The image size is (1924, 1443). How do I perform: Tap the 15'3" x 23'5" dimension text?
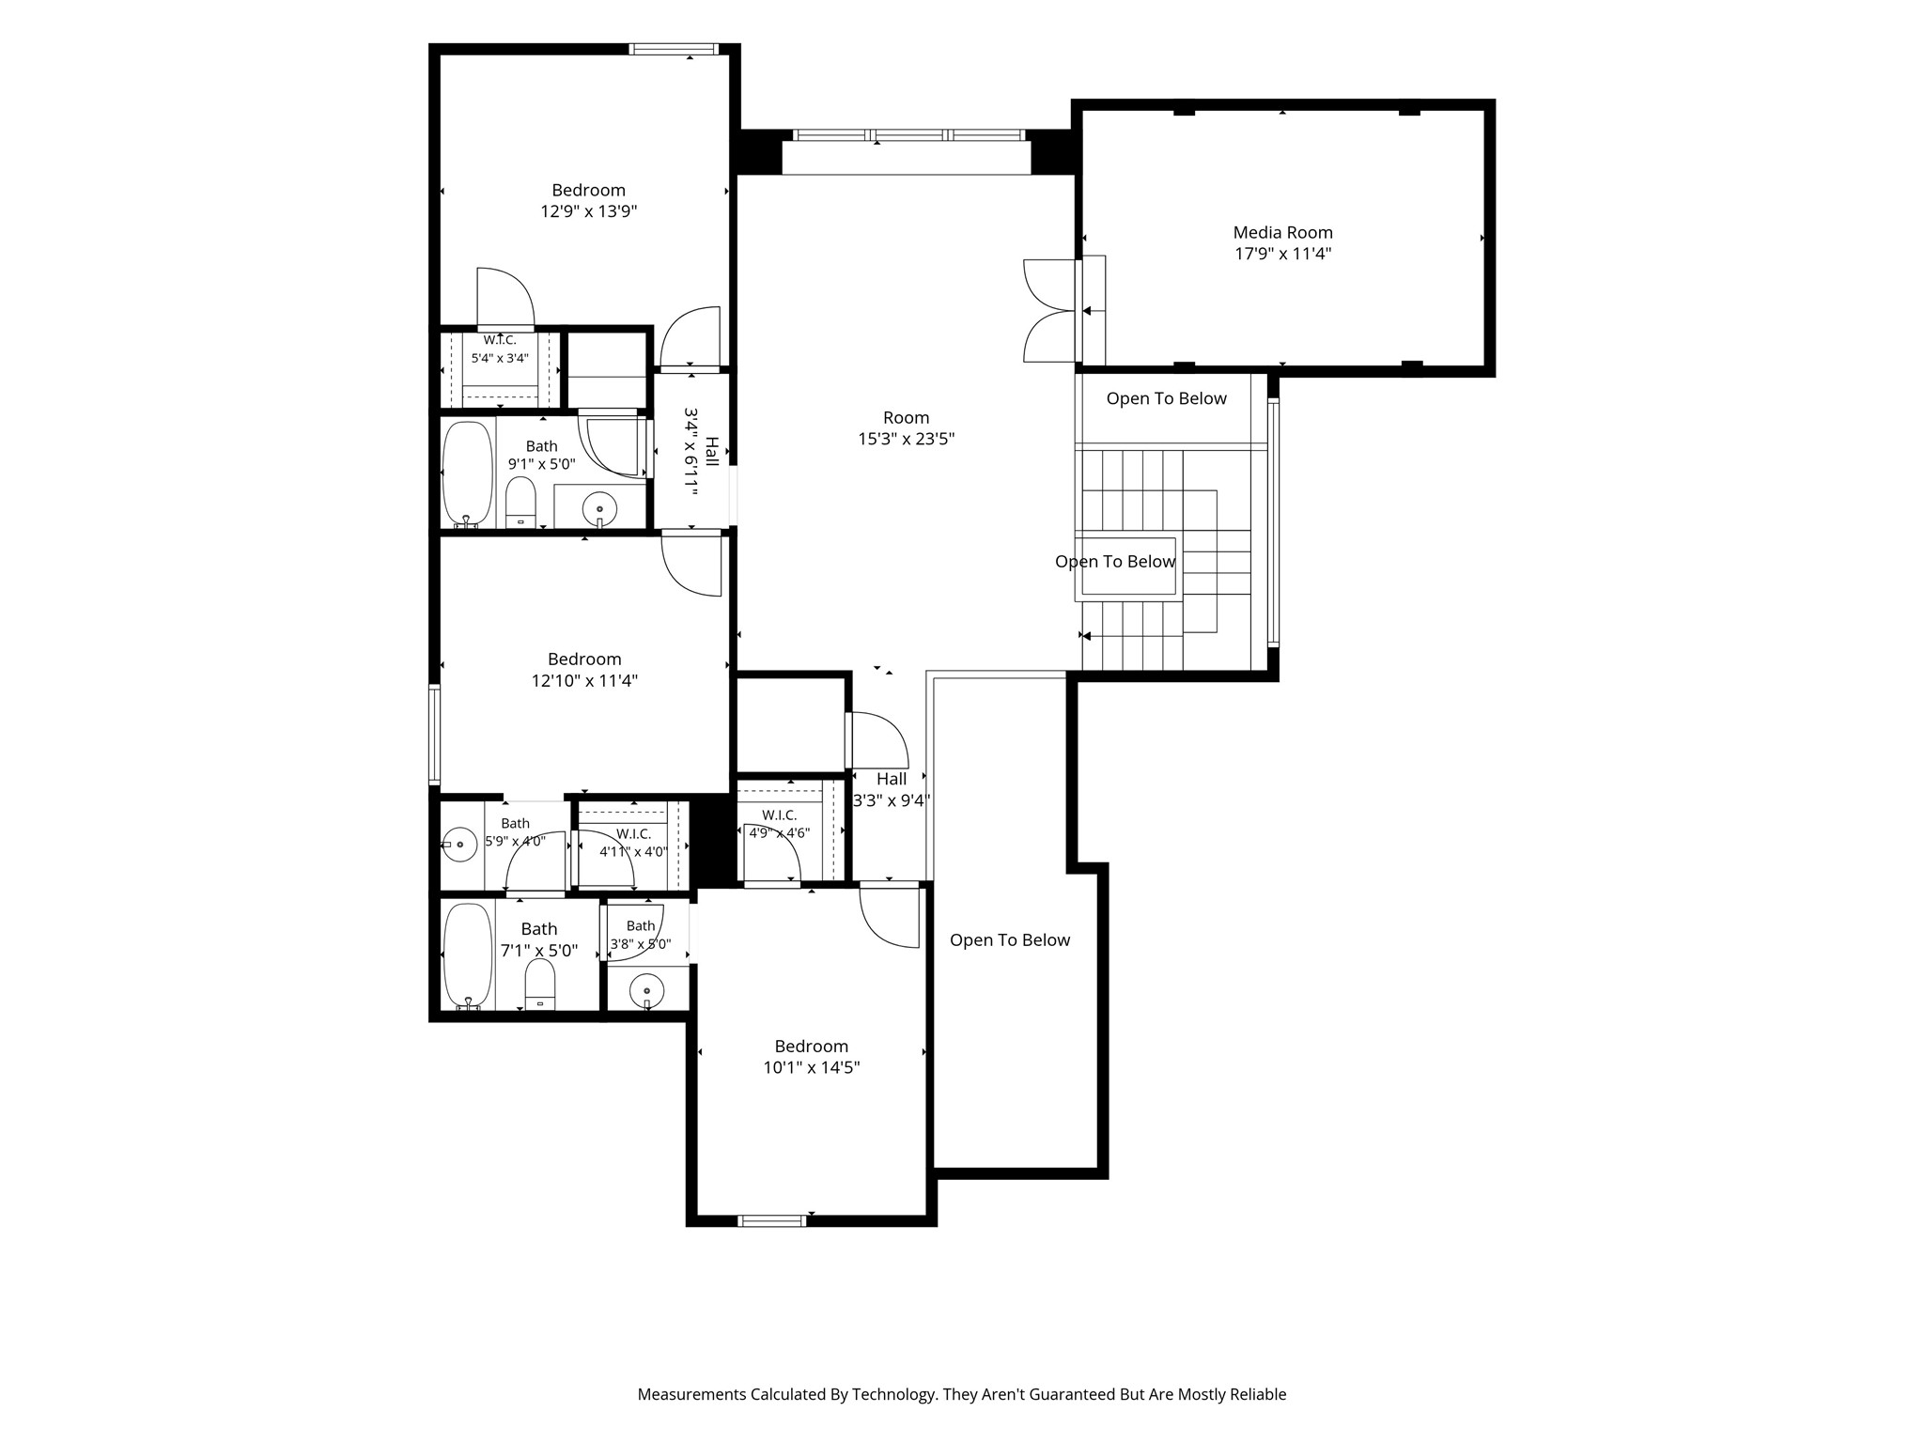906,439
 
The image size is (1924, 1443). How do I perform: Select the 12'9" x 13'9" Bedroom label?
588,201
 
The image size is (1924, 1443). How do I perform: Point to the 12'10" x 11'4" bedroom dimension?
584,680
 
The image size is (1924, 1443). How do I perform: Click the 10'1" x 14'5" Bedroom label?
812,1057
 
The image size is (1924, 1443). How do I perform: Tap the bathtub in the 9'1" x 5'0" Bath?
467,474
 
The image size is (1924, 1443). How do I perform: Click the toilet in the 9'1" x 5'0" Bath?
520,503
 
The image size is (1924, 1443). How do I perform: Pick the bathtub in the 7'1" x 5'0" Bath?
468,956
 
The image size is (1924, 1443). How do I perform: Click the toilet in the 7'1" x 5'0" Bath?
540,985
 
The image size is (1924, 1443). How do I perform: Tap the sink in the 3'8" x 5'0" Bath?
646,991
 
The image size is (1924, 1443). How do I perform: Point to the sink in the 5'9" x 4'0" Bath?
459,845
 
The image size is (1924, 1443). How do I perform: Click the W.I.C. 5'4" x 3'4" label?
500,349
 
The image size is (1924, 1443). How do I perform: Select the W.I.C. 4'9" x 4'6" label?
779,824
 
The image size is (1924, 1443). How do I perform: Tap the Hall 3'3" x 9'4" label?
891,790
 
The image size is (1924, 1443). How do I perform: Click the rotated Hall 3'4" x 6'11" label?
702,451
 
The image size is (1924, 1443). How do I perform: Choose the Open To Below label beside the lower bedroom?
1010,940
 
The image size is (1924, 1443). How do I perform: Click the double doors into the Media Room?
1050,310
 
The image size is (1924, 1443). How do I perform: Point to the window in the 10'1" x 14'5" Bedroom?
772,1220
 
